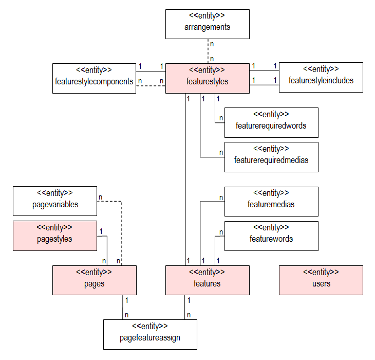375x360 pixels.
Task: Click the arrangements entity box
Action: (207, 24)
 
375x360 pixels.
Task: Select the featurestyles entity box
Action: (207, 78)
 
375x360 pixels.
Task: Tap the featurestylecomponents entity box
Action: (94, 78)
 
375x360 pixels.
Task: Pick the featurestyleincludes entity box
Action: (321, 77)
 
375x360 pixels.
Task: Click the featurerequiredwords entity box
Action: (271, 122)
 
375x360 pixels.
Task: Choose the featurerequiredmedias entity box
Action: (271, 157)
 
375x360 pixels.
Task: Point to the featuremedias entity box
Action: (271, 202)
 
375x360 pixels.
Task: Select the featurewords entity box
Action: (271, 236)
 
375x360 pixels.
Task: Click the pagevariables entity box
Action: (54, 201)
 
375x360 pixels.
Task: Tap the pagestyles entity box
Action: (54, 236)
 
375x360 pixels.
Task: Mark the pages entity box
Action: (94, 280)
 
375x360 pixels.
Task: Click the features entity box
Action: (207, 280)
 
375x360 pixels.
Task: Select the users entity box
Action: (321, 280)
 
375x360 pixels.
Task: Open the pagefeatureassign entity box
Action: (150, 334)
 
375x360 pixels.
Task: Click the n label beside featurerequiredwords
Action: (221, 119)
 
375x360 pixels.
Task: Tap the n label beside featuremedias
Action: (221, 197)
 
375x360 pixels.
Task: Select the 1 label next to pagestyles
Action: (101, 231)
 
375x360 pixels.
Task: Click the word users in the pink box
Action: (321, 284)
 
